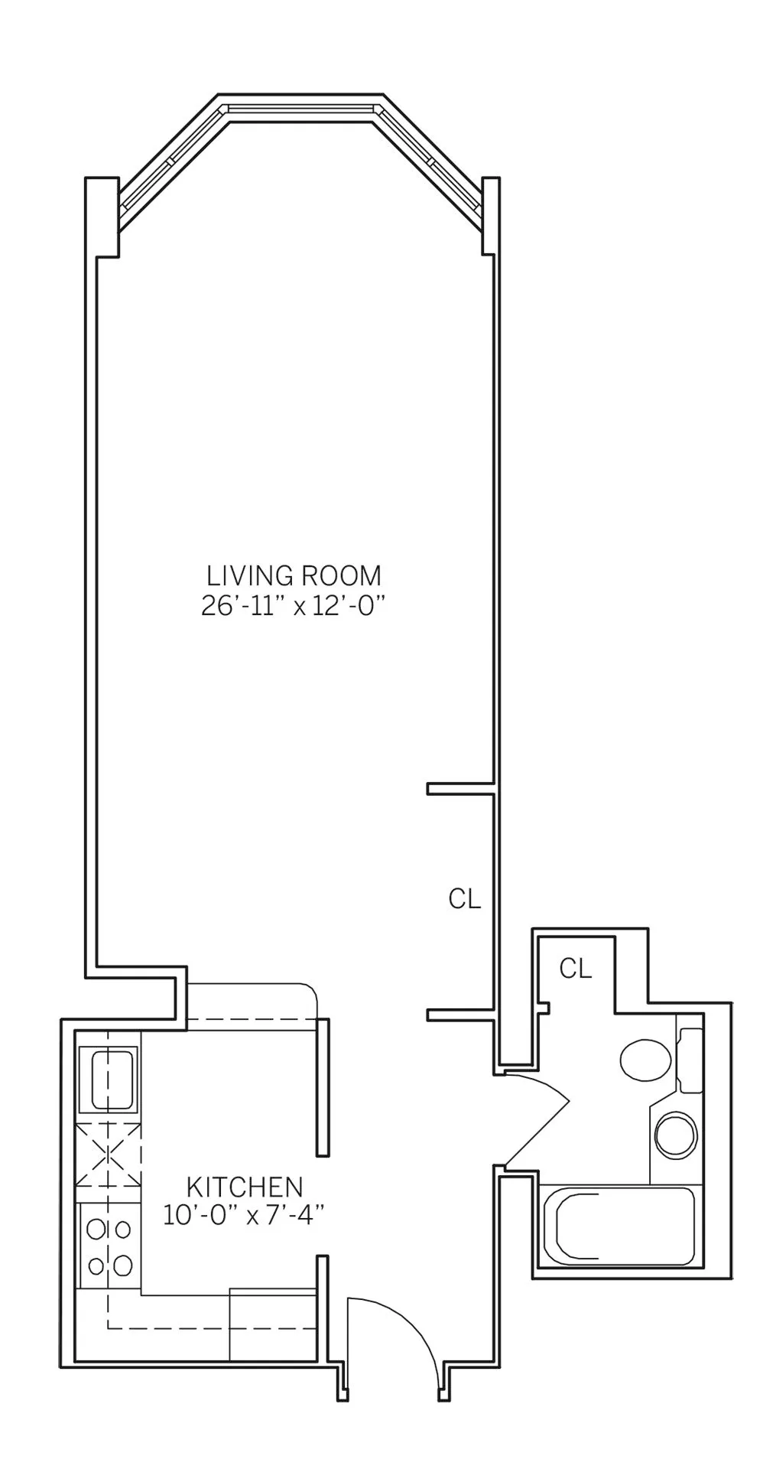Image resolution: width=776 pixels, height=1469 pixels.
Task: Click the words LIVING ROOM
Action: pos(294,575)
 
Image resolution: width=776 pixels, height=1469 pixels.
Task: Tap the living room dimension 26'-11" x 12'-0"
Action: pos(292,607)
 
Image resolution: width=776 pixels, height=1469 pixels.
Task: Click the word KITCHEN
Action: pos(245,1187)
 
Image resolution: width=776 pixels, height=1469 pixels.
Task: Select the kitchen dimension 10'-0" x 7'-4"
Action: pos(245,1215)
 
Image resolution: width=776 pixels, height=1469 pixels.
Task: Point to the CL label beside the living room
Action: pos(465,900)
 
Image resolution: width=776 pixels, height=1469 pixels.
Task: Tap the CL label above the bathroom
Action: pos(576,969)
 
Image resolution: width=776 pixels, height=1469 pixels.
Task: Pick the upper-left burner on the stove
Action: pos(96,1230)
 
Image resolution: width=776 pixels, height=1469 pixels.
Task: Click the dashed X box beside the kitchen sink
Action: pos(109,1152)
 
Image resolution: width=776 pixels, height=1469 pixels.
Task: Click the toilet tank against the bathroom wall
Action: pos(690,1060)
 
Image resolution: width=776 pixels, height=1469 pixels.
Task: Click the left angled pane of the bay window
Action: pos(171,161)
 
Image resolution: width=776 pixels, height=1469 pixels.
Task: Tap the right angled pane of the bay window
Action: pos(431,161)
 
